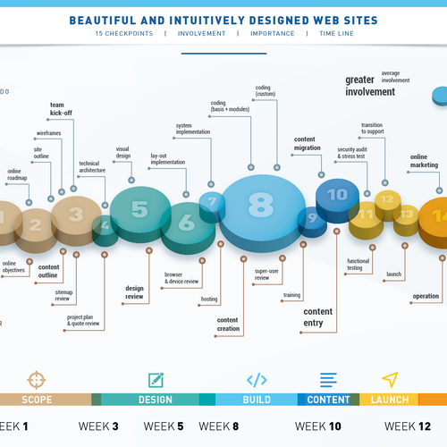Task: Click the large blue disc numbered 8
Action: [260, 204]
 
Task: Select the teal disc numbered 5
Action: [139, 209]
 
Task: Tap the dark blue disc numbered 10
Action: [337, 193]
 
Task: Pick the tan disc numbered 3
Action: [76, 215]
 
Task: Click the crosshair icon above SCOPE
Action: [36, 379]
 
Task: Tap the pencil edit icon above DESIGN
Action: [156, 379]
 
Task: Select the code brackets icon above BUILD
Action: [257, 379]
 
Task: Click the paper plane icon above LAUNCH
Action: [390, 379]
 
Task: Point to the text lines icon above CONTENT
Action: [329, 379]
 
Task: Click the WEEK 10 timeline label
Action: [318, 426]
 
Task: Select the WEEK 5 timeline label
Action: [164, 426]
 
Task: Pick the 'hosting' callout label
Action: [208, 299]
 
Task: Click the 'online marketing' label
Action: [424, 160]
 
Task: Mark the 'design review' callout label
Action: [134, 292]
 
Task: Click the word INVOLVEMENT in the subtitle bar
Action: [201, 34]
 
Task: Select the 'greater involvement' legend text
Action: [369, 85]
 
